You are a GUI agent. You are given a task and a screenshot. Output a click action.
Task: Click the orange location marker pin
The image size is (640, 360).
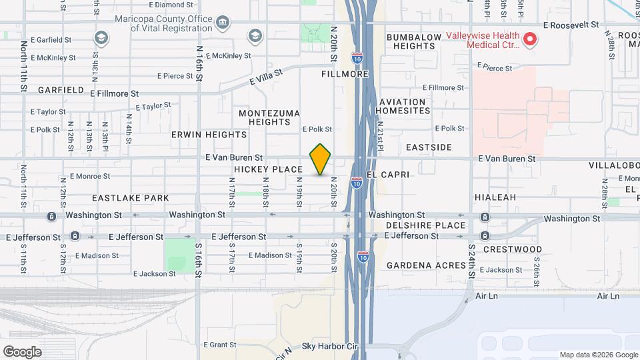[321, 159]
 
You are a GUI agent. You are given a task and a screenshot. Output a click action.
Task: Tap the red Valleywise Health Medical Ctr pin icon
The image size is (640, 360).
[530, 39]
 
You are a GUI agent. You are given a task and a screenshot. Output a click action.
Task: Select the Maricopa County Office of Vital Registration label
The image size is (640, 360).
[162, 23]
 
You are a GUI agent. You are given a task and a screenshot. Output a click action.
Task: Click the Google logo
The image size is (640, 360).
[22, 351]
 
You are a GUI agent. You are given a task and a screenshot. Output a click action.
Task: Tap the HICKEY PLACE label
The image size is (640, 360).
[268, 169]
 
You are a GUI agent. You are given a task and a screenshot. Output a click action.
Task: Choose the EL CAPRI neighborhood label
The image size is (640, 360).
[386, 174]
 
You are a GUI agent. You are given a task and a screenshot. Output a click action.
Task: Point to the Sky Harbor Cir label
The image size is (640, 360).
[329, 347]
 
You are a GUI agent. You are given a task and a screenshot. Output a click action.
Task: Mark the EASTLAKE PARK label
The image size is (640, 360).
[130, 198]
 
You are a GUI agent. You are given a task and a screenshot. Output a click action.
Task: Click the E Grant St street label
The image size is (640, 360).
[214, 345]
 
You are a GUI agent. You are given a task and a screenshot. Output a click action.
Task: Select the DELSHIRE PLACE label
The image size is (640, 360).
[425, 225]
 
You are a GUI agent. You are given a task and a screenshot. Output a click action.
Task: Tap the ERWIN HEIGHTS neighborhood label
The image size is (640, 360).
[200, 135]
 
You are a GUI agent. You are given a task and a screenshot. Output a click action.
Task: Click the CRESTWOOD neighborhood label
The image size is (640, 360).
[512, 249]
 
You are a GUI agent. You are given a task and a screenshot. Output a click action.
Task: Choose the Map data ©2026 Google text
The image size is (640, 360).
[598, 355]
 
